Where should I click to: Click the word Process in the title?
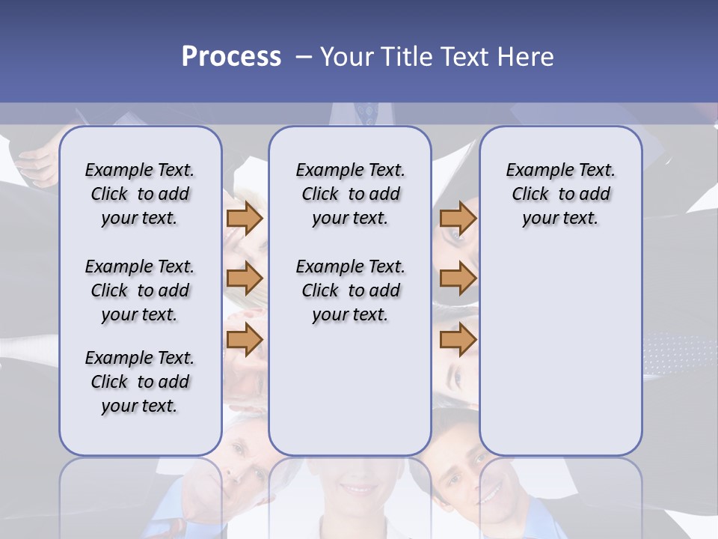coord(231,56)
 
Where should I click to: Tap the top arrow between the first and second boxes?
coord(245,218)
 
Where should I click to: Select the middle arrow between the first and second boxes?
coord(245,278)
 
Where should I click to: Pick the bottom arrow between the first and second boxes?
coord(245,340)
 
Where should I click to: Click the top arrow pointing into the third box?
coord(458,218)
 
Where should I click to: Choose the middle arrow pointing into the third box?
coord(458,278)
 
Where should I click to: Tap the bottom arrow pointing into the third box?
coord(458,340)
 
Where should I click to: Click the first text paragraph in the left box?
coord(140,194)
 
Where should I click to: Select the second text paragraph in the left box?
coord(140,290)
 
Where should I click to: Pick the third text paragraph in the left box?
coord(140,382)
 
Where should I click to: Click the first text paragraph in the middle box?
coord(350,194)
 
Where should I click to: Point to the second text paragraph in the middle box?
coord(350,290)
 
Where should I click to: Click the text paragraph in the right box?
coord(560,194)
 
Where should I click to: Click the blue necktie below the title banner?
coord(366,113)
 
